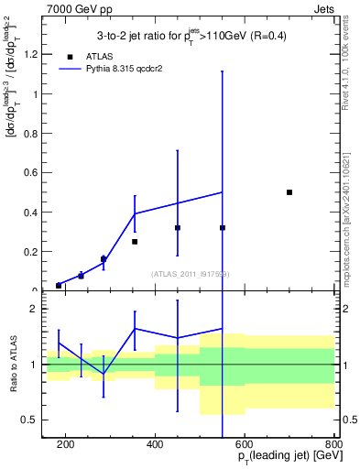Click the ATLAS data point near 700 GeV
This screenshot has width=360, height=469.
(x=289, y=192)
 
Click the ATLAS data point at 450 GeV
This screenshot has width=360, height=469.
(x=178, y=227)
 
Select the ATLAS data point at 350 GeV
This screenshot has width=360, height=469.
(x=135, y=242)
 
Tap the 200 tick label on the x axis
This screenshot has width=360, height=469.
(x=66, y=445)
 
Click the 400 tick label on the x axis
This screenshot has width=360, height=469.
(x=155, y=445)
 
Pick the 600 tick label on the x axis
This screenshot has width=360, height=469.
(x=245, y=445)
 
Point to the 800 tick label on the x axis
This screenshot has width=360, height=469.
(x=333, y=445)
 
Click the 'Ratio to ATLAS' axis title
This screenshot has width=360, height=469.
(x=13, y=365)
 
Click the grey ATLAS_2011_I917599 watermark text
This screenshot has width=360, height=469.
(x=190, y=273)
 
